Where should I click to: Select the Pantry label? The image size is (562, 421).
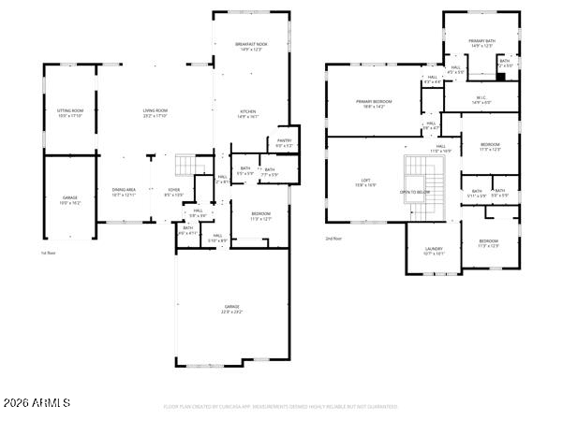(x=284, y=142)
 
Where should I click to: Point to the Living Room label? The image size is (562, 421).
(x=155, y=112)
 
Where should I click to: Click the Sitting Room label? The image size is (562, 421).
(x=70, y=112)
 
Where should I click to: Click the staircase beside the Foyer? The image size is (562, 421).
(x=191, y=166)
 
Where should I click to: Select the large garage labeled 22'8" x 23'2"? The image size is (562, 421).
(x=231, y=309)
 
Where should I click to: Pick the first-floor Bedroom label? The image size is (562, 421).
(x=260, y=216)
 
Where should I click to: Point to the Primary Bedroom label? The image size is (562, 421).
(x=373, y=103)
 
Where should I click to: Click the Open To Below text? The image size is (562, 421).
(x=415, y=192)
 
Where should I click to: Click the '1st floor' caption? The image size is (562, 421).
(x=49, y=253)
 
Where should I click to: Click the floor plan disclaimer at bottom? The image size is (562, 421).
(x=280, y=407)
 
